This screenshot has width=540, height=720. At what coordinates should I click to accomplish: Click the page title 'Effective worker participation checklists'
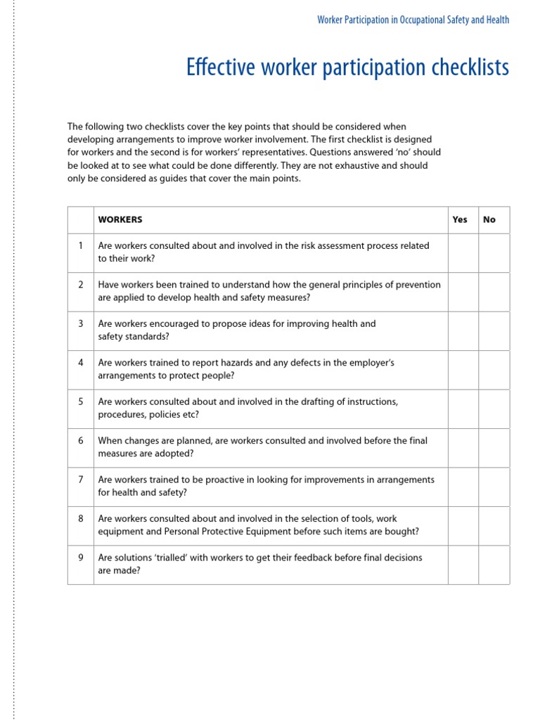point(347,68)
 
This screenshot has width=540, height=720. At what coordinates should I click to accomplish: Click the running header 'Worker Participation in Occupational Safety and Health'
point(413,20)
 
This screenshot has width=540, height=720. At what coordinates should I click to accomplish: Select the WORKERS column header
point(120,219)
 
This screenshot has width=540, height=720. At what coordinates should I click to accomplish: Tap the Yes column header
point(460,219)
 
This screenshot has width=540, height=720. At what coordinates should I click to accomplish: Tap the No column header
point(489,219)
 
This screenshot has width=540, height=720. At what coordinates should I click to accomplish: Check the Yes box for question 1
point(463,252)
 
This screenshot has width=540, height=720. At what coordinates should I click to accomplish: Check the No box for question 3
point(494,330)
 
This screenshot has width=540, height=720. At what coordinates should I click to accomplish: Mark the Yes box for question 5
point(463,409)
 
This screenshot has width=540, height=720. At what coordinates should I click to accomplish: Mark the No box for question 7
point(494,487)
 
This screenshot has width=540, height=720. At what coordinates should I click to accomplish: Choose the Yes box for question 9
point(463,565)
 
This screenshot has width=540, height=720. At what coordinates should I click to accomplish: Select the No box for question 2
point(494,292)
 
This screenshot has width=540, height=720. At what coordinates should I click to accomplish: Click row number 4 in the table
point(81,363)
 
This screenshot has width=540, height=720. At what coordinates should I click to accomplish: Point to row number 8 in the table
point(81,519)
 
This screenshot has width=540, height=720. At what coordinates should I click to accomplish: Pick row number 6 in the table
point(81,441)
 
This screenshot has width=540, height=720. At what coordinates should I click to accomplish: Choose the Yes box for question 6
point(463,447)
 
